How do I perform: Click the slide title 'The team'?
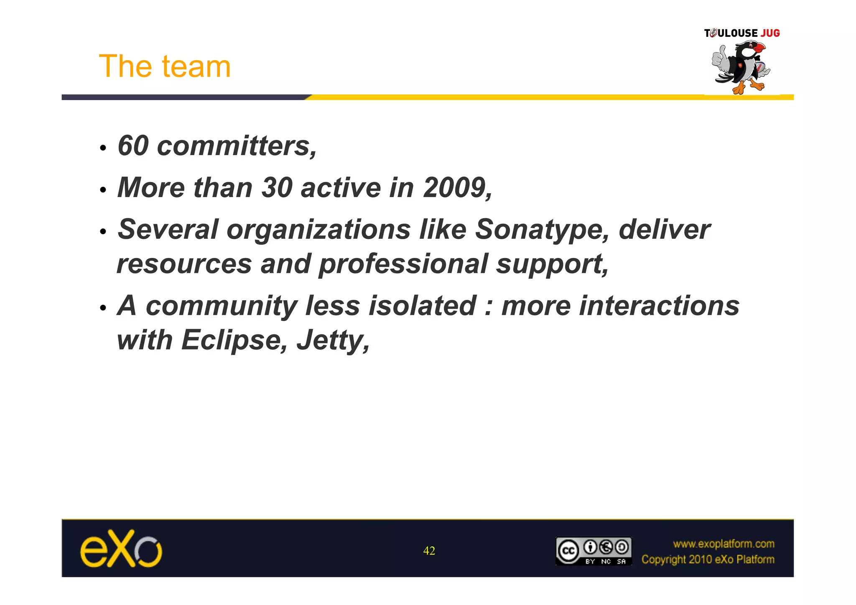(165, 66)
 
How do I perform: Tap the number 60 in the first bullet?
(133, 146)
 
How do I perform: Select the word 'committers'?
(234, 146)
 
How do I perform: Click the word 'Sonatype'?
(539, 230)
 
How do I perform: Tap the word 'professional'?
(403, 265)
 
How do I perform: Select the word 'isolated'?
(422, 306)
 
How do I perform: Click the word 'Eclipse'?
(232, 340)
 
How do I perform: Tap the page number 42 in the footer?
(429, 551)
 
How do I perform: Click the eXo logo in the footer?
(121, 549)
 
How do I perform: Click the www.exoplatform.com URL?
(723, 544)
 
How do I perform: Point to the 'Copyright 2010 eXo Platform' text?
(708, 559)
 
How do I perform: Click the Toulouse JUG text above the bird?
(742, 33)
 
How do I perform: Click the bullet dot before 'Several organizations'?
(103, 232)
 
